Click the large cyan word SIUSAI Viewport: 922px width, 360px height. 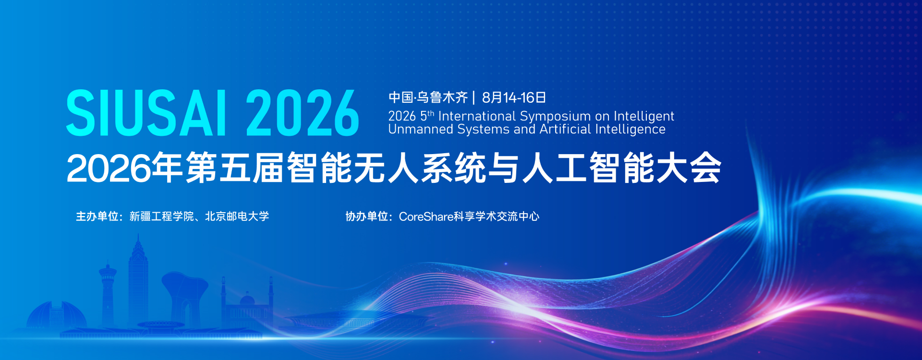tap(146, 113)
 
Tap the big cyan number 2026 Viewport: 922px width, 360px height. tap(303, 113)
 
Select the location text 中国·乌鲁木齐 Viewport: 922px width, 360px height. tap(428, 97)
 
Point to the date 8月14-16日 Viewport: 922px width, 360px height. tap(514, 97)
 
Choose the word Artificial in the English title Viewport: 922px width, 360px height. tap(565, 129)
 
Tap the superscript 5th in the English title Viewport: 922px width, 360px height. tap(427, 116)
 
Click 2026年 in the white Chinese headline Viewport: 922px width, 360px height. tap(124, 168)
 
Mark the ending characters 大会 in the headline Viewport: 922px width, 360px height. tap(689, 168)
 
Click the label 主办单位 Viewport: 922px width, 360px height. tap(97, 216)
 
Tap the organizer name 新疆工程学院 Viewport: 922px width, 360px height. tap(162, 216)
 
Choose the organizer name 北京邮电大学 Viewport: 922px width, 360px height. tap(237, 216)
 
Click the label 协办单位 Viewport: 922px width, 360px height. tap(366, 216)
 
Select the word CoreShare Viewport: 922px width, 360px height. tap(426, 217)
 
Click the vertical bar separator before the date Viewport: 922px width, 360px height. tap(474, 97)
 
